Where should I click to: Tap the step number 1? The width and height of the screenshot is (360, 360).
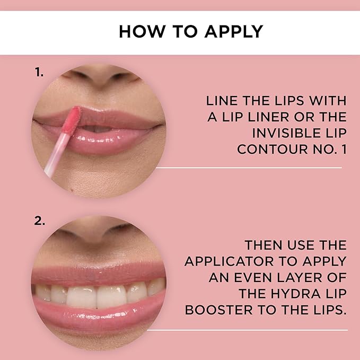[x=39, y=72]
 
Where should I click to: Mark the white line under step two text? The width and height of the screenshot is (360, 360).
[x=249, y=330]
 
